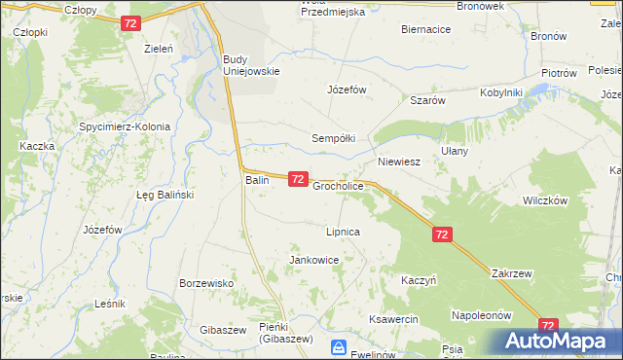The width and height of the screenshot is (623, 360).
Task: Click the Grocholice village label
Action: click(x=338, y=185)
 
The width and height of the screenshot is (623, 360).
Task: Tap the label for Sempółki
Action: click(x=333, y=138)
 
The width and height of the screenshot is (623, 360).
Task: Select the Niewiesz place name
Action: click(x=398, y=162)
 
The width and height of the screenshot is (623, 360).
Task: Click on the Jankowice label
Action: click(x=313, y=260)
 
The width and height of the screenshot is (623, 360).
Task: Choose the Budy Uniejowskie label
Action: click(x=251, y=64)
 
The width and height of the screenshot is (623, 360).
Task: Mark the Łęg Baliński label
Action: click(x=165, y=195)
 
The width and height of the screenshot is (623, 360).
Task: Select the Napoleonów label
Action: click(x=481, y=315)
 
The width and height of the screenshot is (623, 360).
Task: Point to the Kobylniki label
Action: click(x=501, y=92)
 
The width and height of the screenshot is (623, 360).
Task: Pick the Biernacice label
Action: click(x=425, y=29)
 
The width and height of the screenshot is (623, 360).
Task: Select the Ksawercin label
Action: click(x=393, y=319)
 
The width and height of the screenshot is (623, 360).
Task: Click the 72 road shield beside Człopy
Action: click(x=131, y=22)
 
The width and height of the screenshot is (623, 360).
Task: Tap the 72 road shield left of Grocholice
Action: click(x=299, y=179)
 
